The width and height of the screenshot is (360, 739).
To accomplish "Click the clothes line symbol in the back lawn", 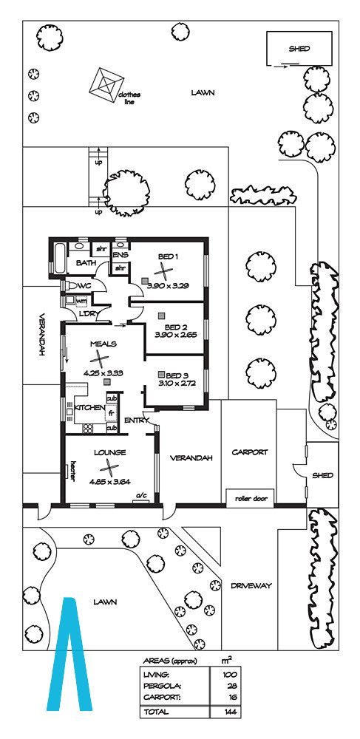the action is coord(106,85).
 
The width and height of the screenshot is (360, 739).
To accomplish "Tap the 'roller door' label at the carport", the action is coord(250,497).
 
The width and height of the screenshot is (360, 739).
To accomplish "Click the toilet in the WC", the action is coord(69,285).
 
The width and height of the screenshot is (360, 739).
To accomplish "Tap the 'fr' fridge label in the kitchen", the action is coord(111,413).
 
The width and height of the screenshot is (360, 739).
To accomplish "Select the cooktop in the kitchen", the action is coord(88,429).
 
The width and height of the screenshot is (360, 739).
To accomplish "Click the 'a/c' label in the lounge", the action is coord(141,495).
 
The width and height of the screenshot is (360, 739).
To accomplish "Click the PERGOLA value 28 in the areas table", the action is coord(232,686).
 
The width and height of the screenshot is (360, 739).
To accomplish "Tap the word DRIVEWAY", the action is coord(251,586).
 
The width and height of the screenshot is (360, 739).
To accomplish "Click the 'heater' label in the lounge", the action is coord(73,470).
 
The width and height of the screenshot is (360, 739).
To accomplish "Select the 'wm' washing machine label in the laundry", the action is coord(81,300).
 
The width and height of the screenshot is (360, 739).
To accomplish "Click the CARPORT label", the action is coord(250,452).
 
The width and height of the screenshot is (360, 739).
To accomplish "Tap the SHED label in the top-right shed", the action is coord(299,48).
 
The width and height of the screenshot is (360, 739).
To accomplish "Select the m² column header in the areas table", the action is coord(227,661).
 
